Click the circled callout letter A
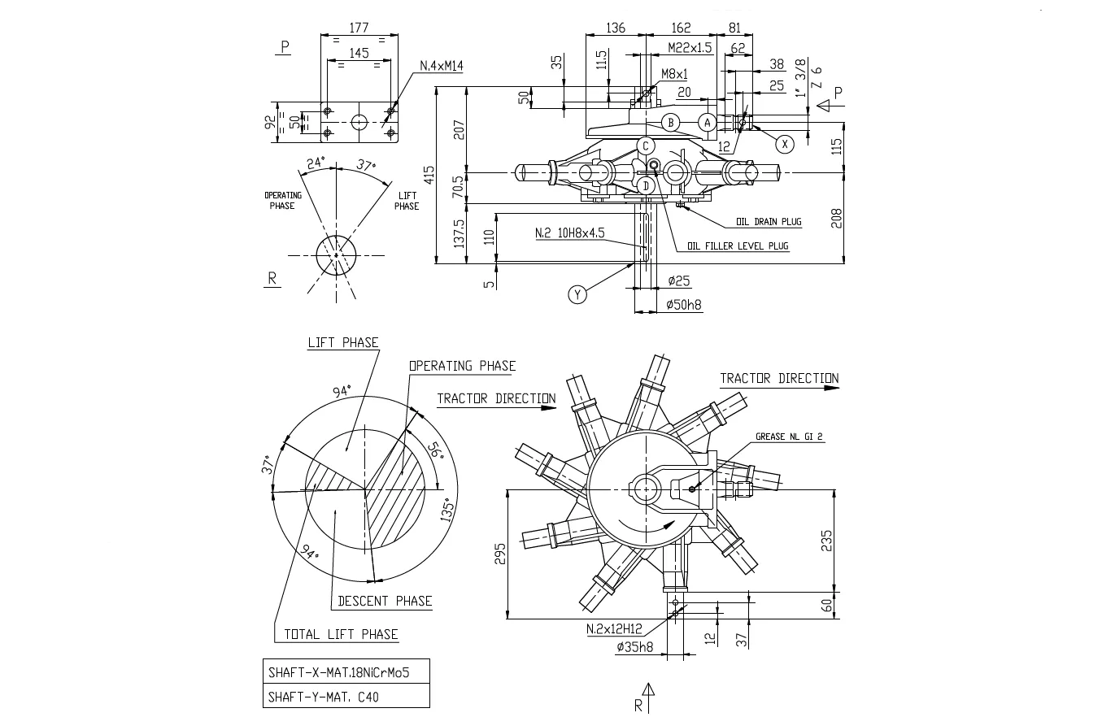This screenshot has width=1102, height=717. click(x=708, y=123)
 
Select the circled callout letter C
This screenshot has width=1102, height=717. click(x=646, y=146)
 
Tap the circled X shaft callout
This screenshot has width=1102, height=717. click(x=784, y=144)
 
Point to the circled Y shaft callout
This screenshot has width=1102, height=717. click(x=577, y=294)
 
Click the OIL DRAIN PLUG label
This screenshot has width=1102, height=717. click(x=769, y=221)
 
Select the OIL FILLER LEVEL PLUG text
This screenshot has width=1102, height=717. click(x=738, y=246)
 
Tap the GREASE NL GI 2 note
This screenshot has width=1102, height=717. click(x=789, y=437)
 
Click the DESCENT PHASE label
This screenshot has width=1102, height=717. click(x=385, y=601)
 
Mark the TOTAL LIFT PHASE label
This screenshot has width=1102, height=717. click(x=341, y=634)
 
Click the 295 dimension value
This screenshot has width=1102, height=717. click(x=499, y=554)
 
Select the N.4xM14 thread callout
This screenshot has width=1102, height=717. click(x=441, y=66)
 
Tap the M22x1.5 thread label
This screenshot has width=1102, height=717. click(x=689, y=48)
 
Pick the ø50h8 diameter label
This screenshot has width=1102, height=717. click(x=684, y=305)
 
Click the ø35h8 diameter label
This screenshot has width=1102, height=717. click(x=634, y=646)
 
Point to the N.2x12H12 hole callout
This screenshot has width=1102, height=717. click(x=614, y=628)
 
